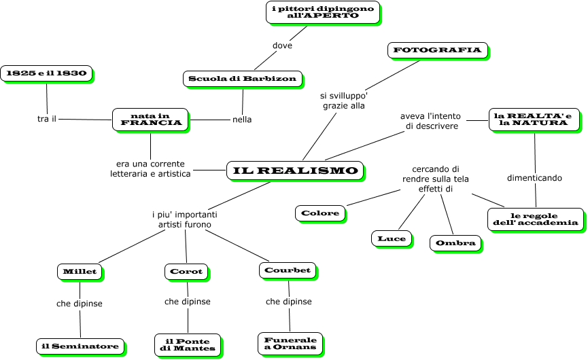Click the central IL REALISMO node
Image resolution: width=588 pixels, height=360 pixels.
(x=295, y=170)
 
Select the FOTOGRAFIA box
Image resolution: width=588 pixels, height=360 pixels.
(x=438, y=50)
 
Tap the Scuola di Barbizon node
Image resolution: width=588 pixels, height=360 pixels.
(x=243, y=79)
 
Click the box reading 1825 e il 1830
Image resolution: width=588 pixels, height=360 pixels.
(x=46, y=73)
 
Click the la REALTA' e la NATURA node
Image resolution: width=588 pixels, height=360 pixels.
(x=534, y=119)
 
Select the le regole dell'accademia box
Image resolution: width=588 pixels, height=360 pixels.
(x=536, y=219)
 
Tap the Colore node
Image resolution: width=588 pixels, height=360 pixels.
(x=320, y=213)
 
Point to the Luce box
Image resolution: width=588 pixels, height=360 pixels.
(x=392, y=238)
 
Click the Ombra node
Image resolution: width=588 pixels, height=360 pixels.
(x=455, y=242)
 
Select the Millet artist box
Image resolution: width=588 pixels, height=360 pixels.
(x=80, y=272)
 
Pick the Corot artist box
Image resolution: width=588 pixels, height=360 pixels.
(x=186, y=272)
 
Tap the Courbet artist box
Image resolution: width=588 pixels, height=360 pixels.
(x=288, y=270)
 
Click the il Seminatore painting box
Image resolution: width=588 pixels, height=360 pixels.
(x=80, y=346)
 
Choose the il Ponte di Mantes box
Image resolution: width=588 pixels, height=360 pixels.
(x=188, y=344)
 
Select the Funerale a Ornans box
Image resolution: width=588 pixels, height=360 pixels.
(x=290, y=343)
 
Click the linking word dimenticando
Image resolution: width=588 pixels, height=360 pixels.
(x=534, y=178)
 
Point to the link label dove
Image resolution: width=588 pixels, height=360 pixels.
(x=282, y=46)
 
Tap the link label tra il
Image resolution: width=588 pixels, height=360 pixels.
(x=46, y=119)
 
